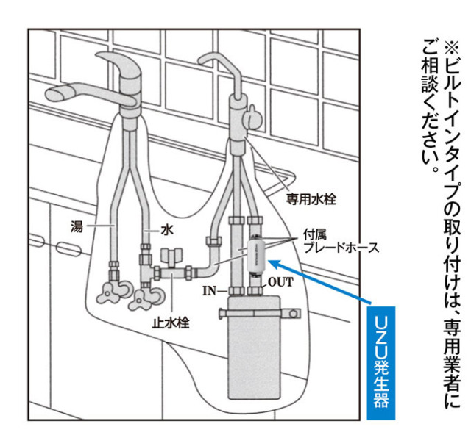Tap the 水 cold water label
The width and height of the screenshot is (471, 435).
coord(168,229)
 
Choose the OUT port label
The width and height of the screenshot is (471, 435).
coord(280,281)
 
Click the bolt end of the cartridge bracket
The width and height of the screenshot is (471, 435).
coord(294,314)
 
